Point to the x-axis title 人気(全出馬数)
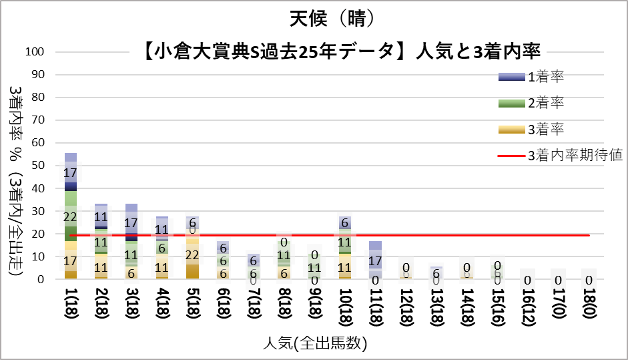coord(314,344)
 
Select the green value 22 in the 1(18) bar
coord(71,217)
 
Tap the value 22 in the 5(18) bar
coord(192,254)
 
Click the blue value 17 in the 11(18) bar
coord(375,260)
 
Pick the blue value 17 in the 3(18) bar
coord(131,222)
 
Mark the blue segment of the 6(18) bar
coord(223,246)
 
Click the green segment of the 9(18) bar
coord(314,266)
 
